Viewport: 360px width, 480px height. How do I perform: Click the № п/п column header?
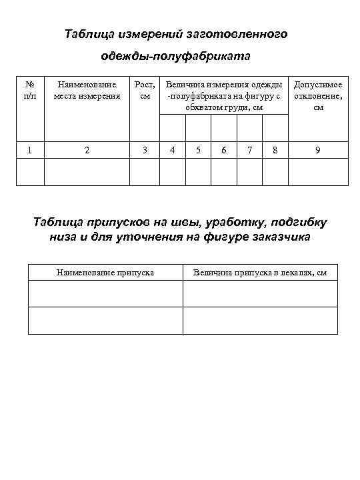click(29, 90)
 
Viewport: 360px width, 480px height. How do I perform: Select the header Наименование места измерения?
click(87, 90)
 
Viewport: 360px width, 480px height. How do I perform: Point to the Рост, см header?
click(145, 90)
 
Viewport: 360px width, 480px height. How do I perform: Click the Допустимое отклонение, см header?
click(318, 95)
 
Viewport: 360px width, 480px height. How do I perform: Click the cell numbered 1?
click(29, 151)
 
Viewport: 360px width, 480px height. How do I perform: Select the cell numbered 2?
click(87, 151)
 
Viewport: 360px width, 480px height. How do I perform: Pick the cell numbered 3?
click(145, 151)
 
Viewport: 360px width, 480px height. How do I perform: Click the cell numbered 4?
click(173, 151)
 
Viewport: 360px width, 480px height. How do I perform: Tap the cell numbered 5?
click(198, 151)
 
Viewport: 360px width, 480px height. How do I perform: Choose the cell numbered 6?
click(223, 151)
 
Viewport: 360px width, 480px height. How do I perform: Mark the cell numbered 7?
click(249, 151)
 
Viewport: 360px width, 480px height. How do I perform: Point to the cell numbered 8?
click(275, 151)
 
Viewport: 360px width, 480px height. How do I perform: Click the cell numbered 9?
click(318, 151)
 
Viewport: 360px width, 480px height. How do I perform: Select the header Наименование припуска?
click(105, 273)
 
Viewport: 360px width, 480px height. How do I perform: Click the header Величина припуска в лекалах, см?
click(260, 273)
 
